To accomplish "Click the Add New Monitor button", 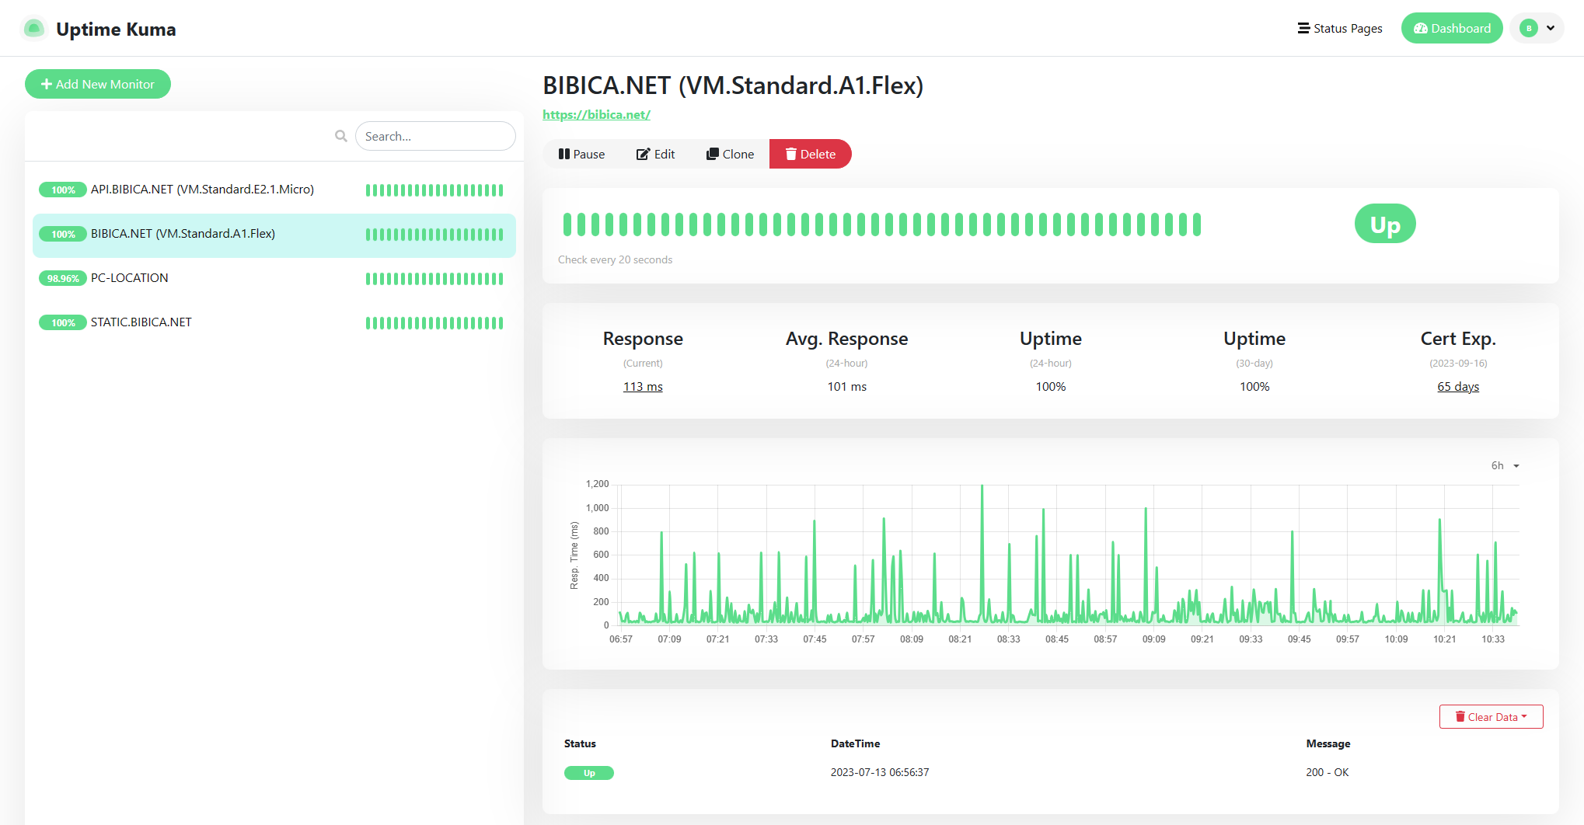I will (98, 84).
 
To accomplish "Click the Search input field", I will (435, 136).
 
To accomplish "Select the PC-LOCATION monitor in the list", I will (130, 278).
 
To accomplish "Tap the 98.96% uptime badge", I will (63, 279).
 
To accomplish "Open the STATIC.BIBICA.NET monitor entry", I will (141, 322).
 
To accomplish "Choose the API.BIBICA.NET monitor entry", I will (202, 190).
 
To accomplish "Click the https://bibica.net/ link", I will (596, 115).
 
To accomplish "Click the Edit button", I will (656, 154).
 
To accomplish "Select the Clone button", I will (730, 154).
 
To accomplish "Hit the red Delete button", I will (810, 154).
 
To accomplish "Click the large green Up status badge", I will (1384, 225).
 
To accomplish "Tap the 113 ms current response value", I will (643, 387).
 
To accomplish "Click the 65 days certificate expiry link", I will (1457, 387).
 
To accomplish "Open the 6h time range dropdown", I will (1504, 465).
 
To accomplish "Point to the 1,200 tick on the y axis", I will (597, 484).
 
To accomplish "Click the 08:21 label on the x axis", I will (960, 639).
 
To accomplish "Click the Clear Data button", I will (1491, 717).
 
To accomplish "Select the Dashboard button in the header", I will (1451, 29).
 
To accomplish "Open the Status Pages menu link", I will (1340, 29).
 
